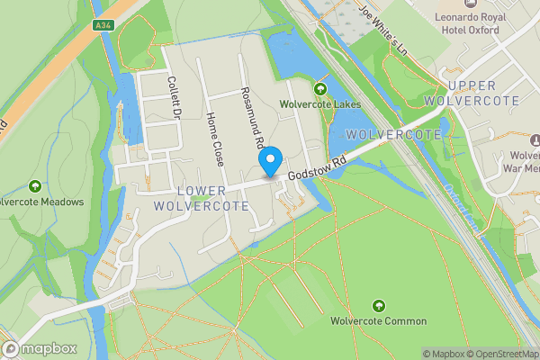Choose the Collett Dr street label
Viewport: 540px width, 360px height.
(174, 96)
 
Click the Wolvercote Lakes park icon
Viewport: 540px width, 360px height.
(320, 88)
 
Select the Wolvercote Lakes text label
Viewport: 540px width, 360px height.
(320, 104)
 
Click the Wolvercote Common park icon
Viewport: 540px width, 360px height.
(378, 306)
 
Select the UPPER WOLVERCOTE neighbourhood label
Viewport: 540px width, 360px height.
(484, 93)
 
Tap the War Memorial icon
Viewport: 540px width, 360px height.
(535, 140)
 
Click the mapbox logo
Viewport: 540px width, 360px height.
(40, 349)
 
